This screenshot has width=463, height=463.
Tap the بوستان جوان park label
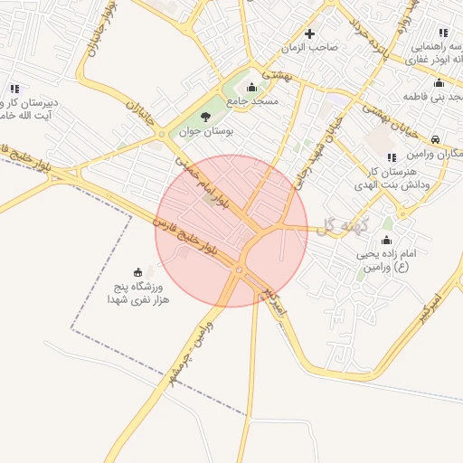[206, 132]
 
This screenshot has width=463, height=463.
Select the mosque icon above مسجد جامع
[251, 88]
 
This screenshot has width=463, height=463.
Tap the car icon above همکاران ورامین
[436, 140]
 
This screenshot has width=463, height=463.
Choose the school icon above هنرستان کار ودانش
[391, 158]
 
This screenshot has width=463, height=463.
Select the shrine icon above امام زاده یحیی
[386, 241]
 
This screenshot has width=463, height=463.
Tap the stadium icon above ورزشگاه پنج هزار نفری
[137, 271]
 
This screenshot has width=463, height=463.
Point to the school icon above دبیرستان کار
[14, 89]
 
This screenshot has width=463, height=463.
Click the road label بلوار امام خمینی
[203, 181]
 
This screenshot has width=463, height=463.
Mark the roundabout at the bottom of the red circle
[241, 270]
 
